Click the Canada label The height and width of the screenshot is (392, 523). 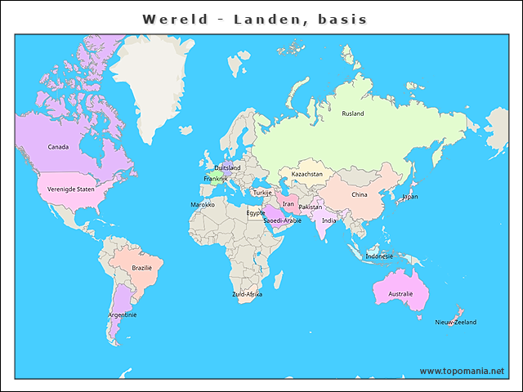coord(58,147)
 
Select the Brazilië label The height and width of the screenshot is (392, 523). coord(142,268)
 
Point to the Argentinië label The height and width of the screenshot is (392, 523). coord(123,314)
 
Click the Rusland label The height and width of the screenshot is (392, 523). coord(353,114)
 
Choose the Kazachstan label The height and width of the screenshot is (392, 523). coord(307,174)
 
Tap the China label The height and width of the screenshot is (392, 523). coord(360,195)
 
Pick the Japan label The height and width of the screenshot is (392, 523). coord(409,197)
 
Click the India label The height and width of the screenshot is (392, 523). coord(329,220)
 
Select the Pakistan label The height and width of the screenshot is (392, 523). coord(311,207)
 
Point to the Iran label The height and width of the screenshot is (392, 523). coord(288,204)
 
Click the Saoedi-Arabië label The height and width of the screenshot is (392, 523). coord(282,220)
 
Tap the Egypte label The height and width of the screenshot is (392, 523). coord(256,212)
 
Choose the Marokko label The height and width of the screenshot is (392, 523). coord(203,204)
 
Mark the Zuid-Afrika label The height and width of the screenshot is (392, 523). coord(248,294)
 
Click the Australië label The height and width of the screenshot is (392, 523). coord(400,293)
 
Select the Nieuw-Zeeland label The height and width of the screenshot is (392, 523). coord(456,323)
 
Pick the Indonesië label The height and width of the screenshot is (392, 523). coord(379,256)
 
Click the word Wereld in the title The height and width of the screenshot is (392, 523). coord(175,19)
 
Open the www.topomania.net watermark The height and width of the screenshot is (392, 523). coord(462,371)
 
